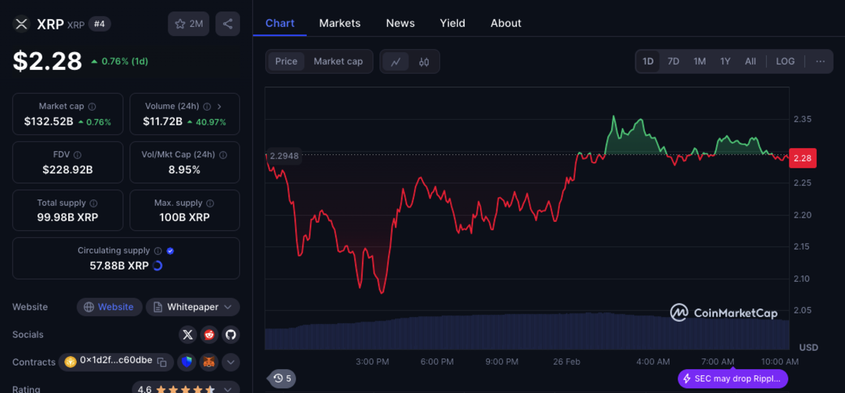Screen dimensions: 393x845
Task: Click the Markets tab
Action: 339,23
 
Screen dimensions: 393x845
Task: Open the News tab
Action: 400,23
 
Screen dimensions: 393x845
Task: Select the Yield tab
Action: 452,23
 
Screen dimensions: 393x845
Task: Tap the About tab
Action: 506,23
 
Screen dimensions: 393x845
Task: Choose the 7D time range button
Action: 673,61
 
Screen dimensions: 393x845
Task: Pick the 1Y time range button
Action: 725,61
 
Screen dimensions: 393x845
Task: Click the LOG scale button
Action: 785,61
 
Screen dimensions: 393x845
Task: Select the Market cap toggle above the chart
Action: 338,61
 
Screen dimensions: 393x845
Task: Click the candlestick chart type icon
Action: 424,62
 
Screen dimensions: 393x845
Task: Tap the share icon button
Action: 227,24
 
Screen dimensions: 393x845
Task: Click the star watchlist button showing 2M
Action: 189,24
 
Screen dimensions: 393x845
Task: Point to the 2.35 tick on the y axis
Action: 802,119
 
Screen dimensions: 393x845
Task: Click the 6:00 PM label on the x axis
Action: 437,362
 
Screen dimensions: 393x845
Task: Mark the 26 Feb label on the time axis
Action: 566,362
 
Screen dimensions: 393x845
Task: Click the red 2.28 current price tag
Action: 803,158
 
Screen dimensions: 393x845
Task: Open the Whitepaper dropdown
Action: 192,307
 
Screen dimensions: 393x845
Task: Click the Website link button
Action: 108,307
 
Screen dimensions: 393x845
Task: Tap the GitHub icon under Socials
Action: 231,335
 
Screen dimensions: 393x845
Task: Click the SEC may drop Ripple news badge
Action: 732,379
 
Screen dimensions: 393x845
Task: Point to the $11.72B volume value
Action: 163,122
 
